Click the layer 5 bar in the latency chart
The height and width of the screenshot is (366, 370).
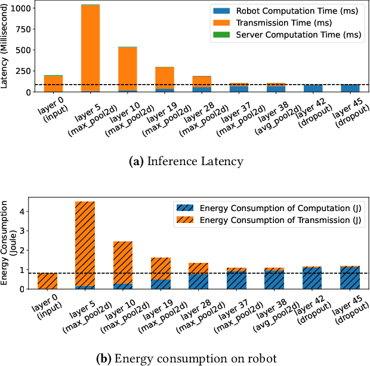(91, 48)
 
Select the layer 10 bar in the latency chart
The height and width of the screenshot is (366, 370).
(128, 69)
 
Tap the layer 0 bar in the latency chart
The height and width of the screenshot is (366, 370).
(54, 83)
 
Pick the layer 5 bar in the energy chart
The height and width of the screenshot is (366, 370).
(85, 244)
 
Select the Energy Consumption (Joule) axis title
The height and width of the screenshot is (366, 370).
(10, 244)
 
